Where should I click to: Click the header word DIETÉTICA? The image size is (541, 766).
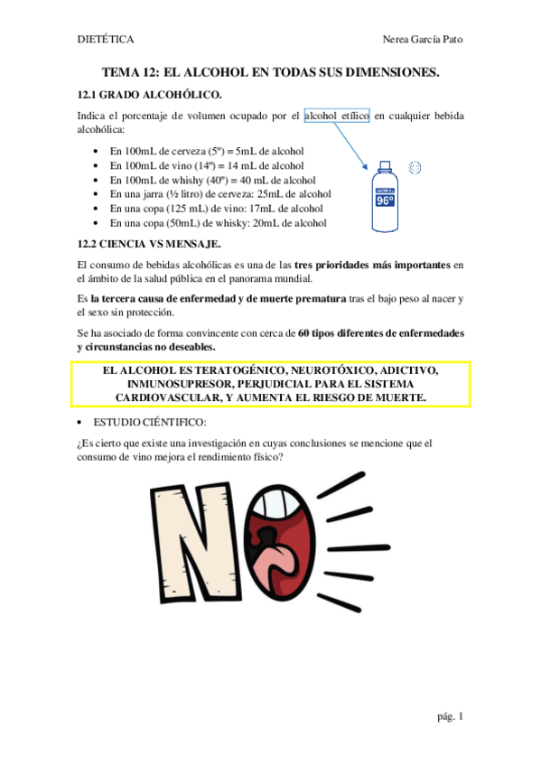point(107,40)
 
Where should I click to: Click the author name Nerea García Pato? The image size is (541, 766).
point(423,40)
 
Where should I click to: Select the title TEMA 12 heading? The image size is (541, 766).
point(270,71)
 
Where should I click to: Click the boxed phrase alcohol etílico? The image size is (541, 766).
point(336,116)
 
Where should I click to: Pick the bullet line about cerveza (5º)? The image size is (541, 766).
point(206,150)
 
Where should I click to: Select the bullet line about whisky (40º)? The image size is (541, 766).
point(210,179)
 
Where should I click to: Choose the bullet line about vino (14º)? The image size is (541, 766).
point(206,164)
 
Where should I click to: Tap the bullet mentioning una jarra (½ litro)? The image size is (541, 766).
point(219,193)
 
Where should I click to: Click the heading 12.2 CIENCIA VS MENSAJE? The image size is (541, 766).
point(150,244)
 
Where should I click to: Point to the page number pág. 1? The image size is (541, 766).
point(449,716)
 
